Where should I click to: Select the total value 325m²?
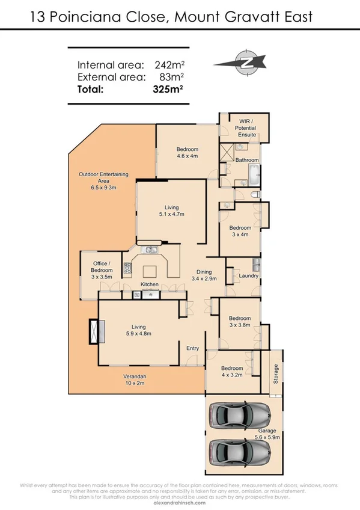(x=168, y=90)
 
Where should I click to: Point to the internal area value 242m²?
(x=168, y=65)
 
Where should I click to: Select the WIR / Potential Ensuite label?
(x=245, y=128)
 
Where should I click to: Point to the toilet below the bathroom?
(x=255, y=194)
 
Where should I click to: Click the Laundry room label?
(x=248, y=276)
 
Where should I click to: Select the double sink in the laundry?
(x=255, y=265)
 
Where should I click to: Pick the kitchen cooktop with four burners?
(x=127, y=269)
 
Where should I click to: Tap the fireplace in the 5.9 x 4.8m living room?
(x=94, y=331)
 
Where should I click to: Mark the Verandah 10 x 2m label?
(x=135, y=379)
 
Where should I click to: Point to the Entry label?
(x=192, y=348)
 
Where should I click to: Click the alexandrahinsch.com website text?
(x=180, y=503)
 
